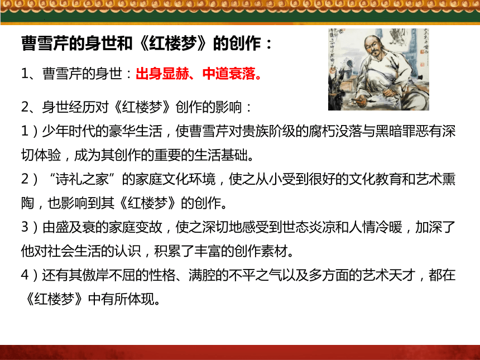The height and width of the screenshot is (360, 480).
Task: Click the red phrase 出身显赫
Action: (x=162, y=74)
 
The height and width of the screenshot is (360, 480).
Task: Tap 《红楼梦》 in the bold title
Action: (x=172, y=43)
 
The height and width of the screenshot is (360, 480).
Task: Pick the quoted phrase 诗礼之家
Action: (x=81, y=179)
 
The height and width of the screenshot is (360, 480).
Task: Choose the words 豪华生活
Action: (x=135, y=131)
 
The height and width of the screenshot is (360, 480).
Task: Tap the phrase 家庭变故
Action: (x=135, y=227)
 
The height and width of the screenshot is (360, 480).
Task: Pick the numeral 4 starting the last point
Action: (x=25, y=275)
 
